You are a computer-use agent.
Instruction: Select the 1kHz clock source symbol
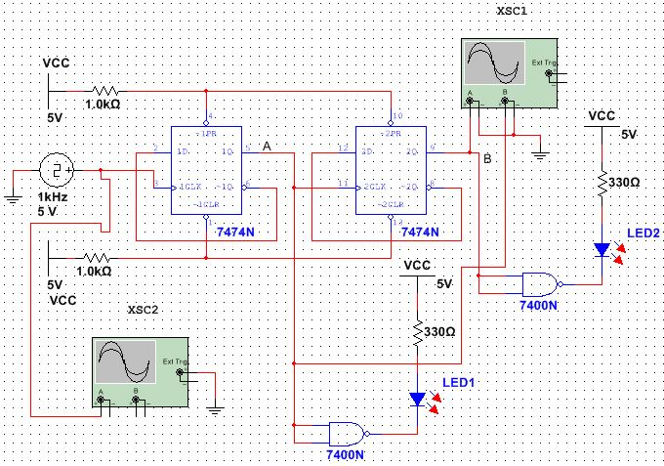coord(57,171)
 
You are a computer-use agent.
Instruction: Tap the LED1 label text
coord(458,381)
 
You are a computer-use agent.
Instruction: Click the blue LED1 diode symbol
coord(418,399)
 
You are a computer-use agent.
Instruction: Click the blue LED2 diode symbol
coord(602,250)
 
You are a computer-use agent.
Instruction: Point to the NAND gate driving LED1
coord(348,433)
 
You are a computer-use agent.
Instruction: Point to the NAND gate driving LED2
coord(540,283)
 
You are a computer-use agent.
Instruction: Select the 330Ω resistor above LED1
coord(418,332)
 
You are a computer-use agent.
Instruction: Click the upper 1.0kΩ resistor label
coord(103,104)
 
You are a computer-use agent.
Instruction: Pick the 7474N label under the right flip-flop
coord(420,233)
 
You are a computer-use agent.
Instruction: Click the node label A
coord(268,146)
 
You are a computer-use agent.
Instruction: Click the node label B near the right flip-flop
coord(487,157)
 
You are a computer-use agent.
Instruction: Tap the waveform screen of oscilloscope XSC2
coord(124,362)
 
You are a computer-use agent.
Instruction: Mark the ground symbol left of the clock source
coord(13,197)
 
